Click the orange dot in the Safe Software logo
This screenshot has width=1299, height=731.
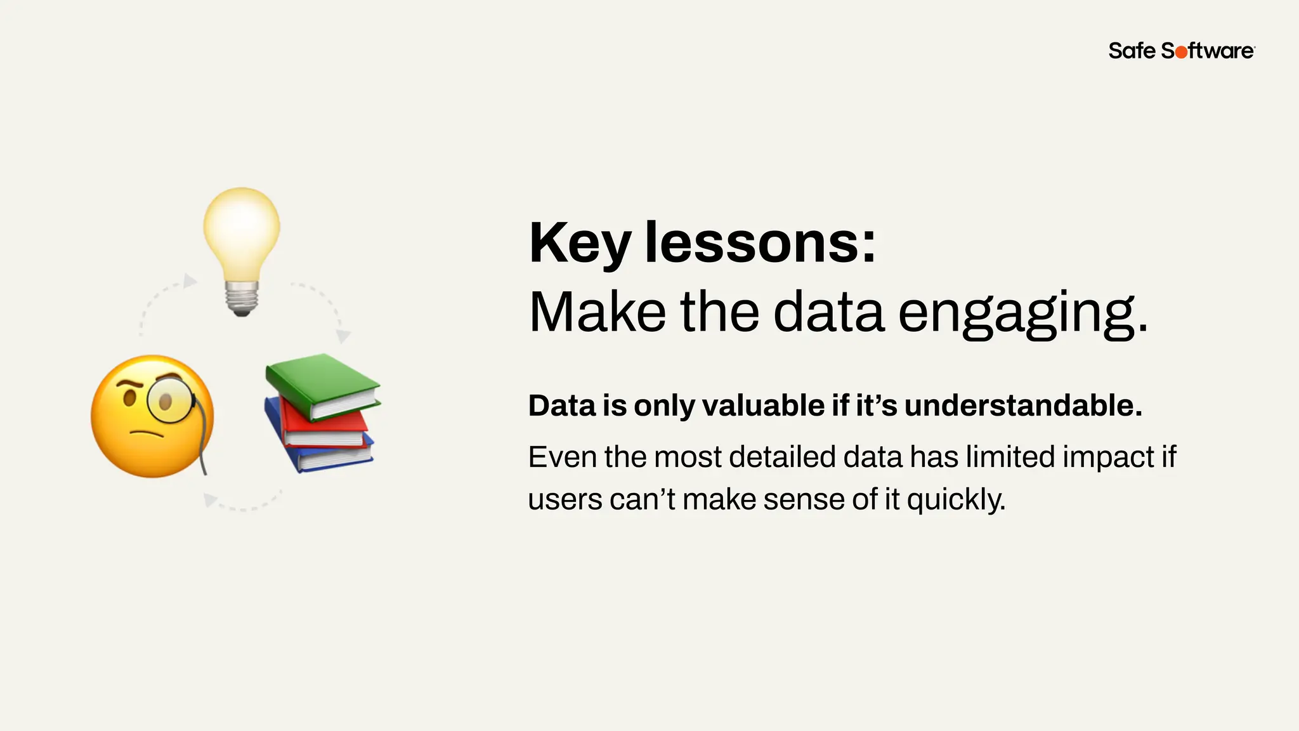pyautogui.click(x=1181, y=52)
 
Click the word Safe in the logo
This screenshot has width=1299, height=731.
pyautogui.click(x=1132, y=51)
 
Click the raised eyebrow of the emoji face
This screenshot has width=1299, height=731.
pyautogui.click(x=131, y=385)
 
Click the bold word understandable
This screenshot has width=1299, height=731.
pyautogui.click(x=1023, y=405)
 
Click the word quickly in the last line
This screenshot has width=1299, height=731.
pyautogui.click(x=956, y=500)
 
